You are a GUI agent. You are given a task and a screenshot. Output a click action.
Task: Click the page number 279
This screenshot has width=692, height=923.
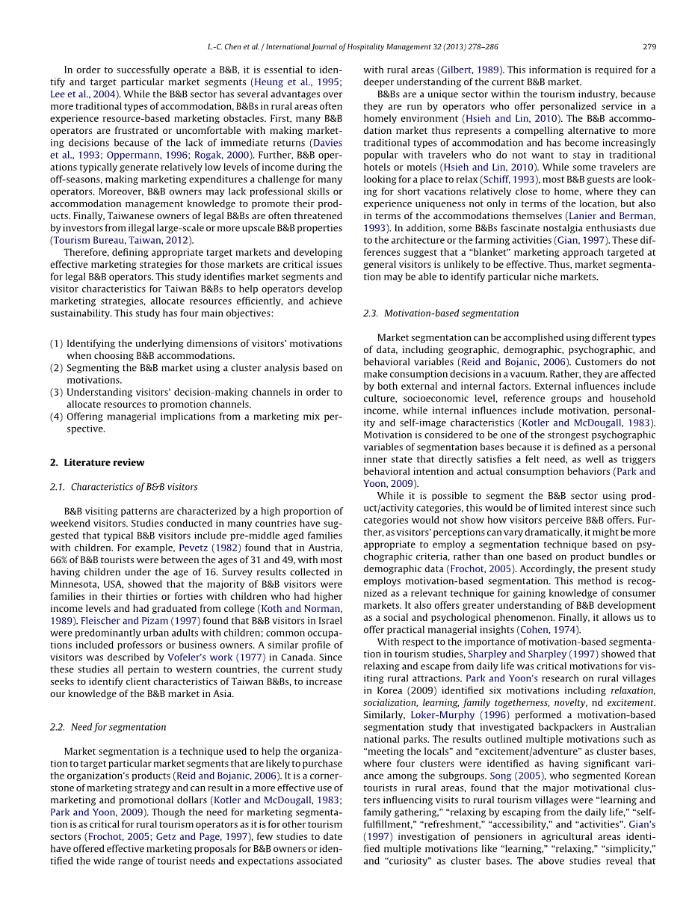click(x=649, y=46)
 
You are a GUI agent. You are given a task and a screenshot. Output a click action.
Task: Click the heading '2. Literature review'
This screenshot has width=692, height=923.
click(x=97, y=462)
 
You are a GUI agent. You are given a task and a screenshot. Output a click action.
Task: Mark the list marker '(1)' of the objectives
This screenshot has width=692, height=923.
click(x=57, y=343)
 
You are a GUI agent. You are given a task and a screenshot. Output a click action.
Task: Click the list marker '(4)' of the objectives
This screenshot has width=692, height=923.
click(x=57, y=417)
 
